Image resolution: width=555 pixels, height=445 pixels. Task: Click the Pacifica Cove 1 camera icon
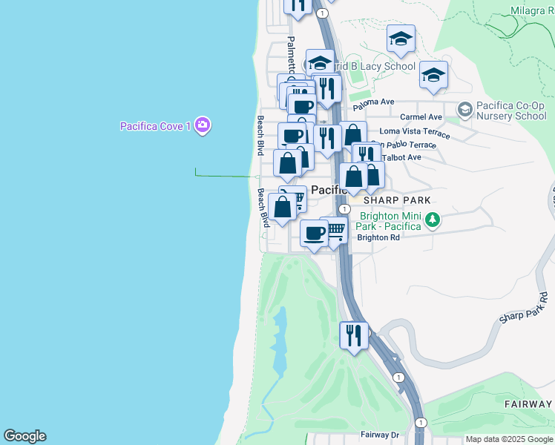point(203,126)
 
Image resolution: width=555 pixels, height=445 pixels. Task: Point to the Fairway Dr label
point(380,435)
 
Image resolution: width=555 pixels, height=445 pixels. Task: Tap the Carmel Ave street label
point(421,117)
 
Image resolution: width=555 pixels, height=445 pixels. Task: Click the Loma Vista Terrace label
point(415,132)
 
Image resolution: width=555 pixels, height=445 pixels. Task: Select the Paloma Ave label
point(374,102)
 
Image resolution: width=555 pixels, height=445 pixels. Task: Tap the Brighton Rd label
point(378,237)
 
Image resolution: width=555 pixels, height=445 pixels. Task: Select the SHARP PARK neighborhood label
point(396,200)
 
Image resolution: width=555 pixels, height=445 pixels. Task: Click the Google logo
point(24,436)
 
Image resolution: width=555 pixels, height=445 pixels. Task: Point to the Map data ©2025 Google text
point(509,439)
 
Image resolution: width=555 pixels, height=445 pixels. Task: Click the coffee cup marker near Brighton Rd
point(315,233)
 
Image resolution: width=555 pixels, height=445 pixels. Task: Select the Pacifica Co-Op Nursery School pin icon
point(464,111)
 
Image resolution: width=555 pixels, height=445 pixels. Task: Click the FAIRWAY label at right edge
point(528,404)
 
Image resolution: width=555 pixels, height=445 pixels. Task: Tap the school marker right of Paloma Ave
point(433,75)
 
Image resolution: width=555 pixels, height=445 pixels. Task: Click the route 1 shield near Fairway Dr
point(421,422)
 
